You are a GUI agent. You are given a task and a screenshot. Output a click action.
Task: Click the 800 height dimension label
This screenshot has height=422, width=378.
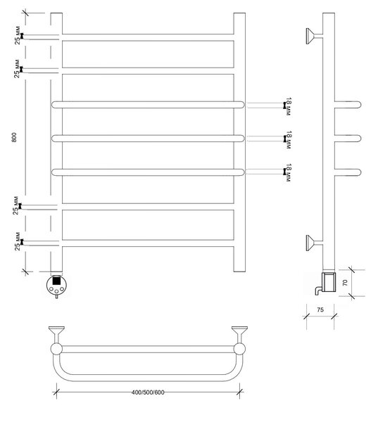click(x=14, y=137)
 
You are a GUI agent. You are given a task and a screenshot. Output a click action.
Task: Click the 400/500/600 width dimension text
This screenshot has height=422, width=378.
click(x=148, y=392)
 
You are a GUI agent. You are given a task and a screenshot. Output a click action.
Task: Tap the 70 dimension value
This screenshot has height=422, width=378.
click(x=345, y=283)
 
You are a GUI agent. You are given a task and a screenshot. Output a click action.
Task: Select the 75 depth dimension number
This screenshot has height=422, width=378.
click(x=320, y=309)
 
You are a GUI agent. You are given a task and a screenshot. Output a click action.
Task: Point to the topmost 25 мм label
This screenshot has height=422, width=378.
click(x=17, y=35)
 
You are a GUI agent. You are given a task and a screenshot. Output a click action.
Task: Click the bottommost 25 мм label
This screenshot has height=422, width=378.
click(x=18, y=241)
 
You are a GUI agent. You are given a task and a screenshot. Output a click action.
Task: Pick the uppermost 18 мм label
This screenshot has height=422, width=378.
click(x=288, y=106)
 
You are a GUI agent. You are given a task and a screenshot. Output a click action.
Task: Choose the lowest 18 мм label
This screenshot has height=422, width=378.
click(x=288, y=172)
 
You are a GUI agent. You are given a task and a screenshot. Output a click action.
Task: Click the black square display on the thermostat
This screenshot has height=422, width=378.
click(x=56, y=281)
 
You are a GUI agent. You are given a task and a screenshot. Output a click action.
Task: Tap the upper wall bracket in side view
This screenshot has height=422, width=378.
click(x=314, y=36)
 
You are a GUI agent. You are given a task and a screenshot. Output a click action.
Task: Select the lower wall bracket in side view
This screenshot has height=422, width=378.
click(x=314, y=243)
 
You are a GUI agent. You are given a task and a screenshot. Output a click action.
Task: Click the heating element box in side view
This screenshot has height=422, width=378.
click(x=329, y=282)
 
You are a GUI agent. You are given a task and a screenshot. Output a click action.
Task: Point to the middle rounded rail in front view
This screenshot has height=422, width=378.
click(x=148, y=139)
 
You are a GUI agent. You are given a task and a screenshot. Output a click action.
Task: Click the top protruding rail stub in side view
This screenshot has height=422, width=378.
click(x=348, y=104)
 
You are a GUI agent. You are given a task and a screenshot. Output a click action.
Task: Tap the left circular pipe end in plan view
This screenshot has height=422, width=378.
click(x=56, y=349)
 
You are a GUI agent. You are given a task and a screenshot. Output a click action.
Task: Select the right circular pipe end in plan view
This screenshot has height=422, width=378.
click(x=239, y=349)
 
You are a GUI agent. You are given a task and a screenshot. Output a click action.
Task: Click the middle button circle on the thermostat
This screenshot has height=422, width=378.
click(x=56, y=291)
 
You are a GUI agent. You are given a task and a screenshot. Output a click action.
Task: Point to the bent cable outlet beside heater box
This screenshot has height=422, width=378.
click(x=318, y=290)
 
